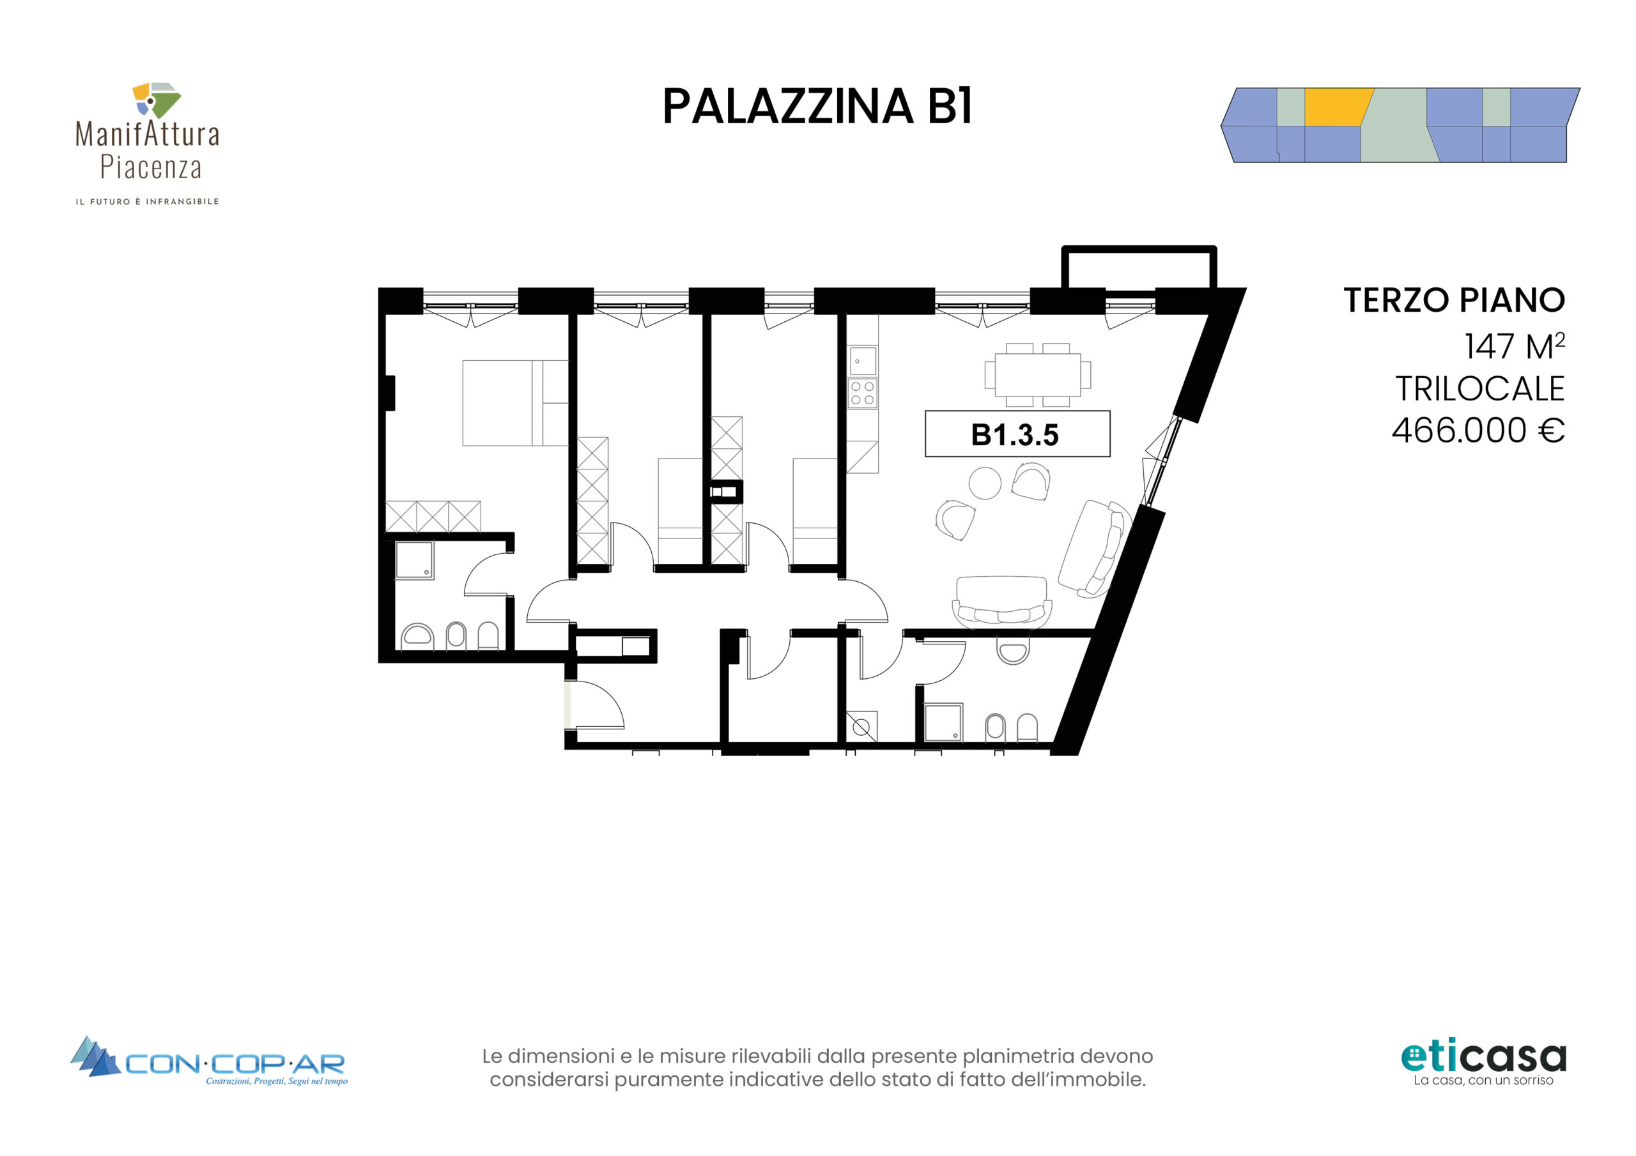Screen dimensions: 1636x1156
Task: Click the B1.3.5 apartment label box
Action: [x=1017, y=433]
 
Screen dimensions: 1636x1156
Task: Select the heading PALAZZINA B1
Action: [x=817, y=107]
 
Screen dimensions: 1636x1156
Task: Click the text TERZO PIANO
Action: [x=1454, y=300]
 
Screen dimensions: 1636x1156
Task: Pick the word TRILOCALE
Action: [x=1479, y=389]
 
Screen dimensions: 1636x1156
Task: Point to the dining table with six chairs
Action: [x=1037, y=375]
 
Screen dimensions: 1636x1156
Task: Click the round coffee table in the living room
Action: [x=985, y=483]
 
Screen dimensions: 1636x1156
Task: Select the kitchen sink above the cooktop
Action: [x=862, y=361]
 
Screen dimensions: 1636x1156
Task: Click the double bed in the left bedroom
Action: [x=515, y=403]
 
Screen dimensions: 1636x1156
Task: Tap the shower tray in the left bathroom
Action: [x=414, y=561]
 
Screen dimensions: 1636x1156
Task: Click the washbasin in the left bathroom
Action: [x=417, y=636]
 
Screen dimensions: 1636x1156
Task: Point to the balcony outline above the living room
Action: [x=1139, y=266]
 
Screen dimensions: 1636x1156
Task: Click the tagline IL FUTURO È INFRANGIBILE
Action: [x=148, y=202]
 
